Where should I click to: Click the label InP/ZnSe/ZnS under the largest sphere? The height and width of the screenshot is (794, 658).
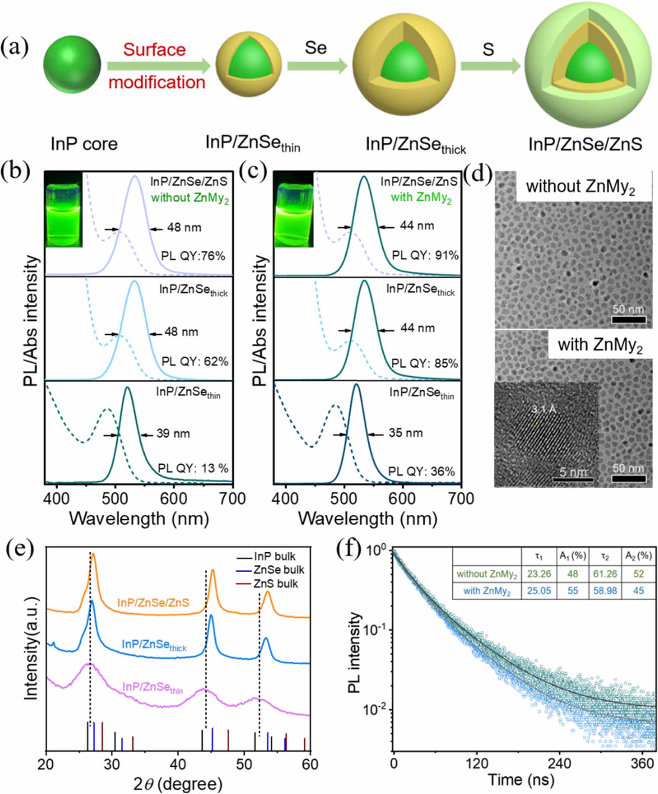585,144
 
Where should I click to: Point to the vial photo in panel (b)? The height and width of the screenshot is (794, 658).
64,210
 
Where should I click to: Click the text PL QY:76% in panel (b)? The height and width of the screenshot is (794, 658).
193,256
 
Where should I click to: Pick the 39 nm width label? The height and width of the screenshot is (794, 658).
173,433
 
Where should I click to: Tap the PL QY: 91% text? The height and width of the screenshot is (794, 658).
425,255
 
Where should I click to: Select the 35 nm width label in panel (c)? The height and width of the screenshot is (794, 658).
405,433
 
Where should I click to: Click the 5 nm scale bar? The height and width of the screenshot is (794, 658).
573,479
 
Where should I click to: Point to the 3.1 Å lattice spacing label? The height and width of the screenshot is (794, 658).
544,410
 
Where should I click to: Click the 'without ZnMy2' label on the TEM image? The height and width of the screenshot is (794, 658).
580,187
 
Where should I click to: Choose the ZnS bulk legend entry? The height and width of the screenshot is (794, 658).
275,583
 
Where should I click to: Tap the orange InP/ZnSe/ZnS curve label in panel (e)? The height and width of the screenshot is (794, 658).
153,603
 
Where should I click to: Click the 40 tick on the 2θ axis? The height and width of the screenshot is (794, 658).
178,764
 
